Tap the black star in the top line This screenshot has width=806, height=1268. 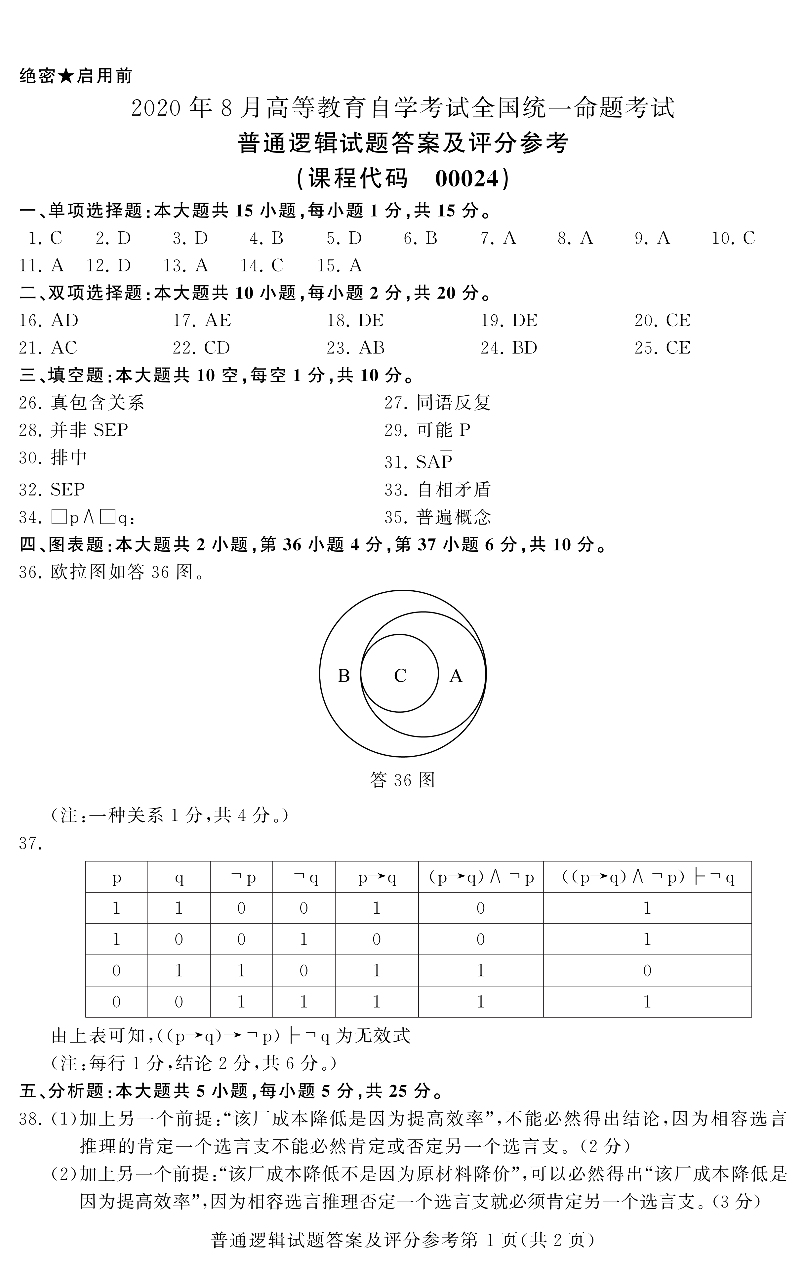tap(66, 76)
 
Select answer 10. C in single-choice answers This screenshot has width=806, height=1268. tap(733, 239)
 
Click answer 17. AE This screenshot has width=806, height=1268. tap(202, 320)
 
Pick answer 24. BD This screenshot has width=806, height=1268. tap(509, 348)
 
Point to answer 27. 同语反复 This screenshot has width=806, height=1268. tap(437, 403)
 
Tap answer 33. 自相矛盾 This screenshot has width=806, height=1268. tap(437, 490)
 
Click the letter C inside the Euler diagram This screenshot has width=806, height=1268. tap(400, 676)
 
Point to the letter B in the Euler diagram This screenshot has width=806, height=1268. tap(343, 676)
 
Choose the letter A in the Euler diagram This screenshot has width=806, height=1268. tap(456, 676)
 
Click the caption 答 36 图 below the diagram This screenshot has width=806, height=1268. tap(402, 780)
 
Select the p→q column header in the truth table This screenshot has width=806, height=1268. tap(377, 877)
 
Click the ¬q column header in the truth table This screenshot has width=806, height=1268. tap(304, 877)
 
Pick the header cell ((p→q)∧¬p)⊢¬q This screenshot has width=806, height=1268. tap(647, 877)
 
